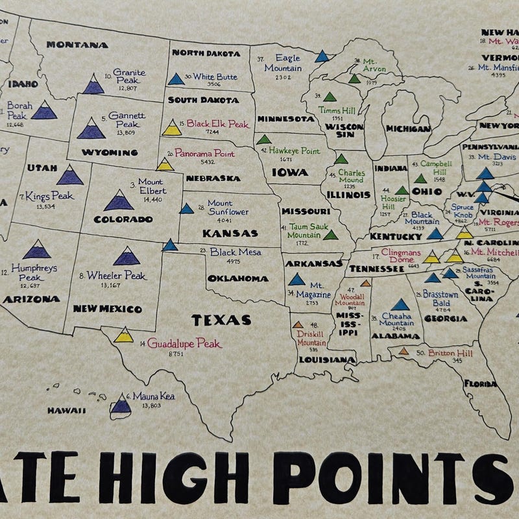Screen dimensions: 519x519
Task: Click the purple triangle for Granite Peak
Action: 93,84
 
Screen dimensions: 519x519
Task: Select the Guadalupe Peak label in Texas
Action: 184,343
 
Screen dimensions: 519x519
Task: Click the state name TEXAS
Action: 221,320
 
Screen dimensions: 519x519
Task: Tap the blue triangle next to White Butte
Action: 176,79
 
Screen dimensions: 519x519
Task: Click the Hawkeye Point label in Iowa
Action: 295,151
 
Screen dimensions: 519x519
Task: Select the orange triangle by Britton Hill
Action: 404,351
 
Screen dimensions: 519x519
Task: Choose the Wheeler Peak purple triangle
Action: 127,257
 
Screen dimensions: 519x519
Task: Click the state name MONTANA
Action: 77,45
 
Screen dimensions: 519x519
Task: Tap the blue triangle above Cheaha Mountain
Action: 400,304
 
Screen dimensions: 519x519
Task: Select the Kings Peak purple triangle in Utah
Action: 70,175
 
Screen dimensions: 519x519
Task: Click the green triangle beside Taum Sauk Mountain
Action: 330,234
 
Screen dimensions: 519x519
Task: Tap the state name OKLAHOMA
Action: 238,279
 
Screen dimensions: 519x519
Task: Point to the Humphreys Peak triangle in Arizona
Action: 37,249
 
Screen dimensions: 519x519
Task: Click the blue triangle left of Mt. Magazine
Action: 296,279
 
